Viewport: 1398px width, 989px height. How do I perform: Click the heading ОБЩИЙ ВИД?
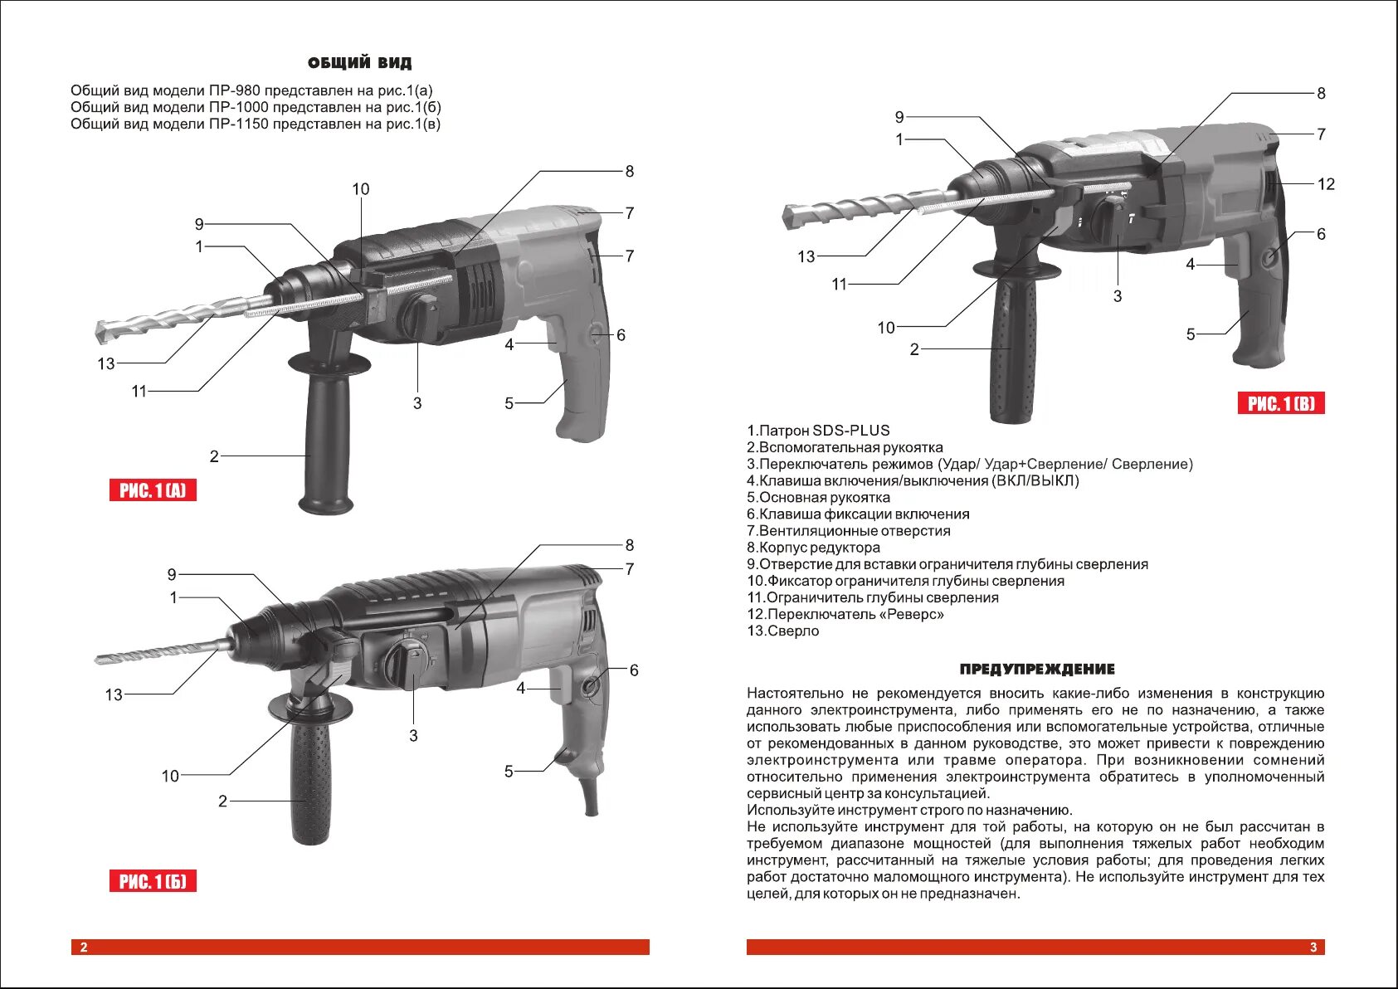359,63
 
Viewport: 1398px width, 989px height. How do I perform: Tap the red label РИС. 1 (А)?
153,490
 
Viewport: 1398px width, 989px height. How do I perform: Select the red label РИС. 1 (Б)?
153,881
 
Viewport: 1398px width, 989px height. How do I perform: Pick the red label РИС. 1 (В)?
1281,404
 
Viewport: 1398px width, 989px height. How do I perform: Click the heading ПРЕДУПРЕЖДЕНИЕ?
1036,670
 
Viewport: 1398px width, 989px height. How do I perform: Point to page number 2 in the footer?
83,948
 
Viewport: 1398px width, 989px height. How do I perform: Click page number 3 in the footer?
1313,948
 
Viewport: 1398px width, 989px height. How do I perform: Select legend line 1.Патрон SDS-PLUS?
818,431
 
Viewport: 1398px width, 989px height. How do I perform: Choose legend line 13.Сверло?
782,631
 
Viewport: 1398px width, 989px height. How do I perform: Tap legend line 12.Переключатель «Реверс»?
845,614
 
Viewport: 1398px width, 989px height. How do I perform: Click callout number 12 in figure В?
1326,184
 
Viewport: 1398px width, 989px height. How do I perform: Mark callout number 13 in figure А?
106,363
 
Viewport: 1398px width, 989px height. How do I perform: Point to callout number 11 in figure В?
839,285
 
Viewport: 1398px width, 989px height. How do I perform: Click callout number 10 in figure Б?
170,776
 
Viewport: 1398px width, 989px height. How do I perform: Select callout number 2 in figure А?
214,456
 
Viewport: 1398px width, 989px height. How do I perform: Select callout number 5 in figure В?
1191,334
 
